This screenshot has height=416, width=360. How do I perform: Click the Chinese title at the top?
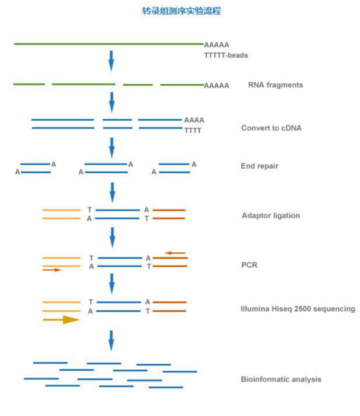point(181,11)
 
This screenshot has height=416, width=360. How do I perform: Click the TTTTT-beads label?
point(225,55)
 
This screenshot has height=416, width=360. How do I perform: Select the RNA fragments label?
point(276,84)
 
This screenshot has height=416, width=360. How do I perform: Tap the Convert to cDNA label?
point(271,128)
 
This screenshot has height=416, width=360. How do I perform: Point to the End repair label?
point(259,166)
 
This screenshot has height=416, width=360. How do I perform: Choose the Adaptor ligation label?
point(271,216)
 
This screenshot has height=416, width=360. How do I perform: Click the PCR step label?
point(249,265)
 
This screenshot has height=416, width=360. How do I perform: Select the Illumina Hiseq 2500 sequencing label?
point(298,309)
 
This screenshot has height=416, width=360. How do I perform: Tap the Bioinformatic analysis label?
point(281,379)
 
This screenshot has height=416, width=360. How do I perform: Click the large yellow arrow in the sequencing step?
point(62,320)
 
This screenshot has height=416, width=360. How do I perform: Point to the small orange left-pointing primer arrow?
point(176,253)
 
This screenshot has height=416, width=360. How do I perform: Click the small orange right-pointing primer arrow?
point(52,270)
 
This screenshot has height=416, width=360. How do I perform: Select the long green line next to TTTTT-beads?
point(107,44)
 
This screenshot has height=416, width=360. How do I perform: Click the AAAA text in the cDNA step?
point(194,120)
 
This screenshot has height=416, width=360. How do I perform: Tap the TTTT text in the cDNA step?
point(193,130)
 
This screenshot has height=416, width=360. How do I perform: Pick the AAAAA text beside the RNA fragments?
point(217,85)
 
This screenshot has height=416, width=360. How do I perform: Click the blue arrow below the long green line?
point(111,61)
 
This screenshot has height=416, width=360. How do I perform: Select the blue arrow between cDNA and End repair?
point(111,147)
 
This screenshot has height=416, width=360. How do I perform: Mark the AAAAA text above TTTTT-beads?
point(217,45)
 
